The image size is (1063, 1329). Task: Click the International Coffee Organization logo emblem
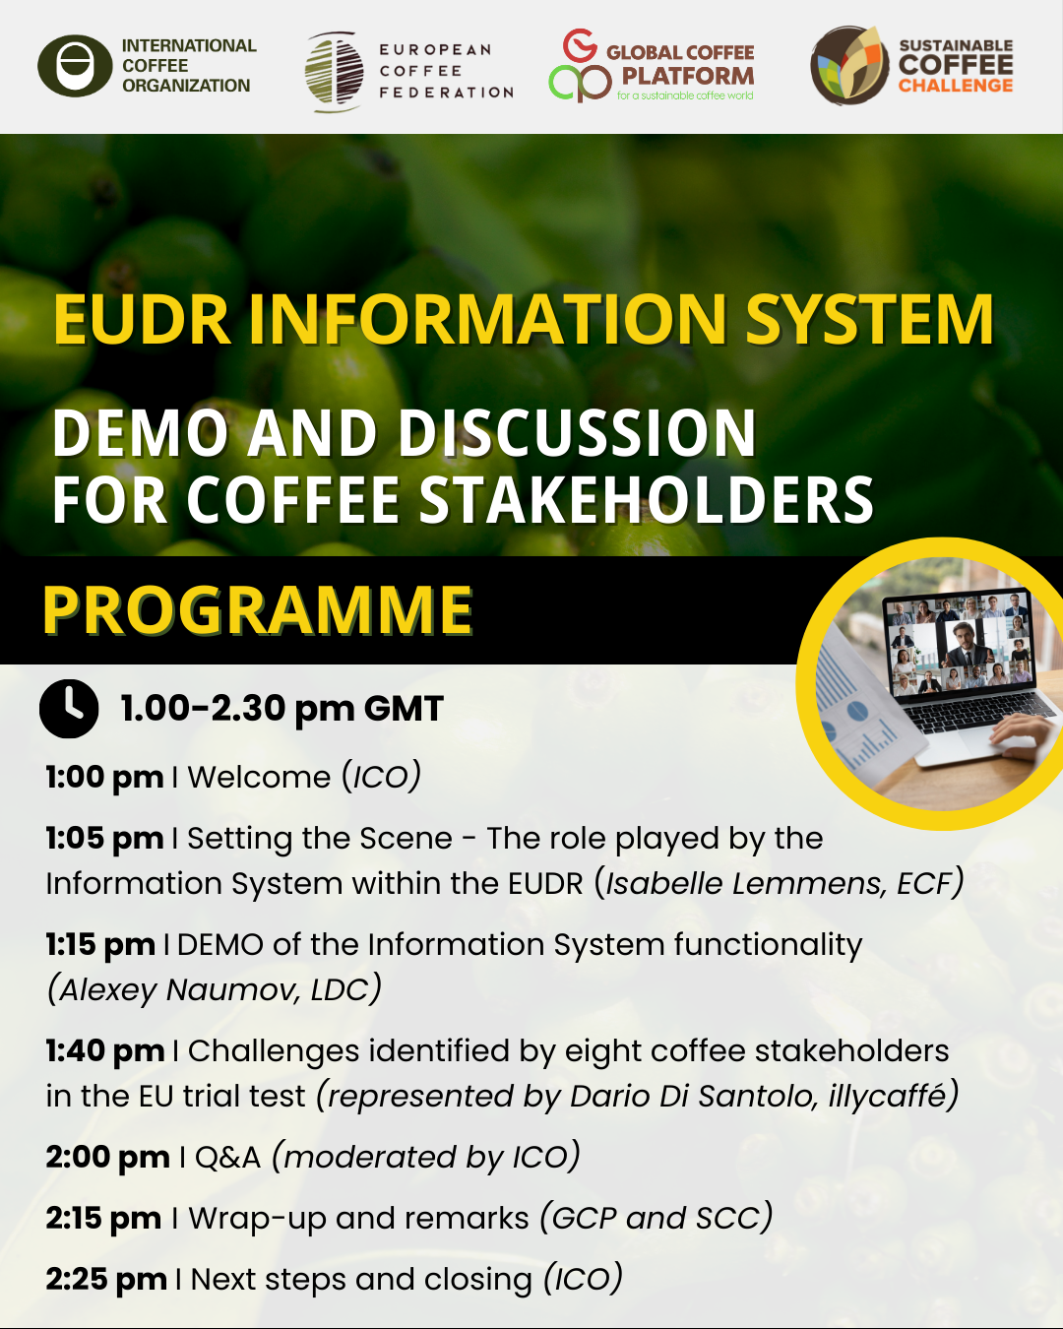tap(75, 66)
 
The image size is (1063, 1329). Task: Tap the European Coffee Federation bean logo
tap(335, 72)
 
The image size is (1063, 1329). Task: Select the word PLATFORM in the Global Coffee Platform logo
tap(687, 76)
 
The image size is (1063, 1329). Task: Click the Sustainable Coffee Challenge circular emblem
tap(849, 65)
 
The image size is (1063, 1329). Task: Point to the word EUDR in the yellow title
tap(142, 319)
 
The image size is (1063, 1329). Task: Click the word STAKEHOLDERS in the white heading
tap(646, 500)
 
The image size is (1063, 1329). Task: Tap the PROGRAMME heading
tap(258, 609)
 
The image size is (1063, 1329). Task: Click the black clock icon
tap(69, 709)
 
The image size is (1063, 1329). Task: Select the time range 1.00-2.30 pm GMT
tap(281, 709)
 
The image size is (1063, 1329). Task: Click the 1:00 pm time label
tap(104, 777)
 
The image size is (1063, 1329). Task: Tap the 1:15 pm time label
tap(100, 945)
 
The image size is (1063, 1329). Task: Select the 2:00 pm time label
tap(107, 1158)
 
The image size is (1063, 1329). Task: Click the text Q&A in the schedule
tap(228, 1158)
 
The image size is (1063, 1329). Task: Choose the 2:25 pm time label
tap(106, 1280)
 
